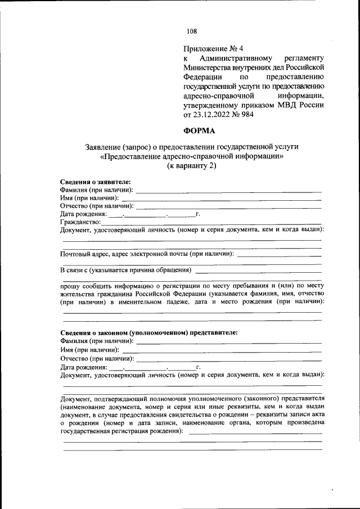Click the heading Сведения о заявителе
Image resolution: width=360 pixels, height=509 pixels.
95,182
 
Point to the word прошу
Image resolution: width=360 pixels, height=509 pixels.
71,285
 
